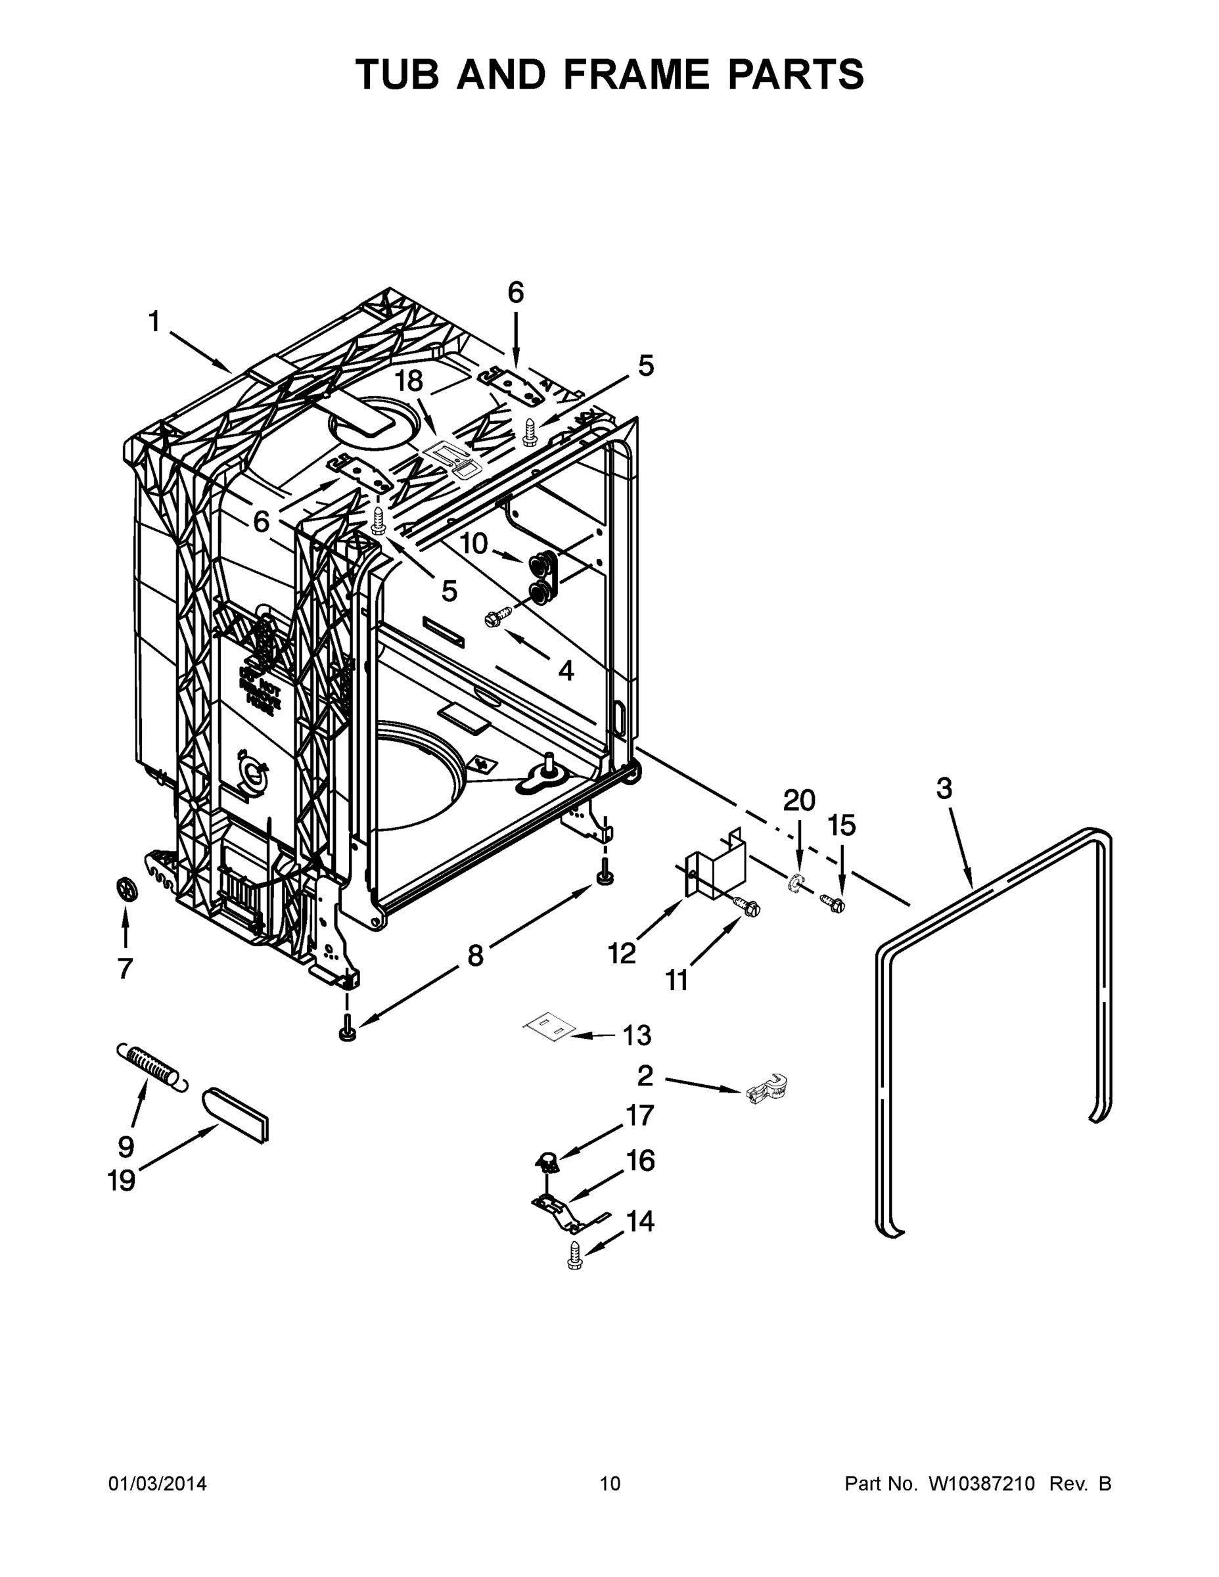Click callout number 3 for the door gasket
coord(944,788)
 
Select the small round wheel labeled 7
coord(126,889)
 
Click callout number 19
coord(122,1181)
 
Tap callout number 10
coord(474,543)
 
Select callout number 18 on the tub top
coord(409,381)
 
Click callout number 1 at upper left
coord(154,321)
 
